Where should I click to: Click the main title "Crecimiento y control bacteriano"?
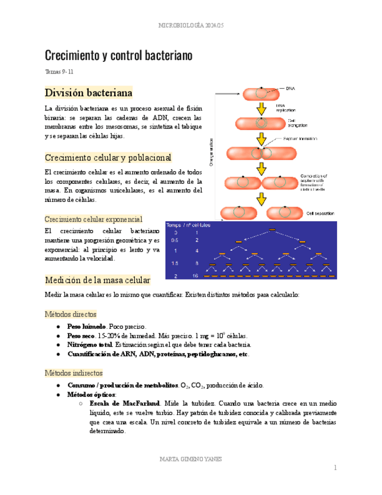click(x=119, y=56)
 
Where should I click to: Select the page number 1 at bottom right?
click(x=336, y=468)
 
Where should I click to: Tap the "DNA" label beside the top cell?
click(x=290, y=88)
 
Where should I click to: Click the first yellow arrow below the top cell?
click(x=262, y=108)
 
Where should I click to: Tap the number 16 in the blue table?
click(x=197, y=275)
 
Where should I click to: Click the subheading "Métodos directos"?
click(x=71, y=314)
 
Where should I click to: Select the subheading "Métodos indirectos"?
click(x=73, y=372)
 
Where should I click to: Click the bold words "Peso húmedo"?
click(x=86, y=326)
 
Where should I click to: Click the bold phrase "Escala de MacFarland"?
click(x=125, y=403)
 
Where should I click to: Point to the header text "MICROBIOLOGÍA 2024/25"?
click(x=191, y=26)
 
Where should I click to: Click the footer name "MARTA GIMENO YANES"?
click(x=191, y=459)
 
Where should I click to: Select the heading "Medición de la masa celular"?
click(x=97, y=280)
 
